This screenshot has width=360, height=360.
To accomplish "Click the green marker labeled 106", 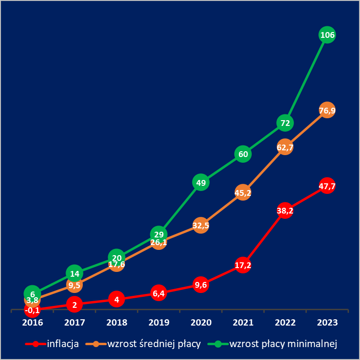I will [327, 35].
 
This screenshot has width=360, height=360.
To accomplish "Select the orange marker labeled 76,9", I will [327, 111].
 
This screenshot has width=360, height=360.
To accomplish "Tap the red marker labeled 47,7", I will [327, 186].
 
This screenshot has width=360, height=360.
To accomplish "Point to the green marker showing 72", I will [285, 123].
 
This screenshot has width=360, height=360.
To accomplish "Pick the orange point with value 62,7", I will [285, 147].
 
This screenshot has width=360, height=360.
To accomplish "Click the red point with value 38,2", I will [285, 210].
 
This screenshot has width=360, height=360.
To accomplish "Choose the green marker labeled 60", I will [243, 154].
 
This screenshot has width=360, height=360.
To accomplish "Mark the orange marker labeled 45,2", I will [243, 192].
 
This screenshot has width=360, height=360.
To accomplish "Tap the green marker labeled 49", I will [201, 182].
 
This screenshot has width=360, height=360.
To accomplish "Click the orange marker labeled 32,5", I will [201, 225].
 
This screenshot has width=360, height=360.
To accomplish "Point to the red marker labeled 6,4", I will [158, 292].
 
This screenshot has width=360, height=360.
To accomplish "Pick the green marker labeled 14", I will [74, 274].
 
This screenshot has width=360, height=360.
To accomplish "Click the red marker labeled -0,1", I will [32, 310].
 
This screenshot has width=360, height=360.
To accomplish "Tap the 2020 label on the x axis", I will [201, 323].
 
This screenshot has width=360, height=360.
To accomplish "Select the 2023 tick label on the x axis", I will [327, 323].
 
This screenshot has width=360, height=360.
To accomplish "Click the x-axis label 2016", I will [32, 323].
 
